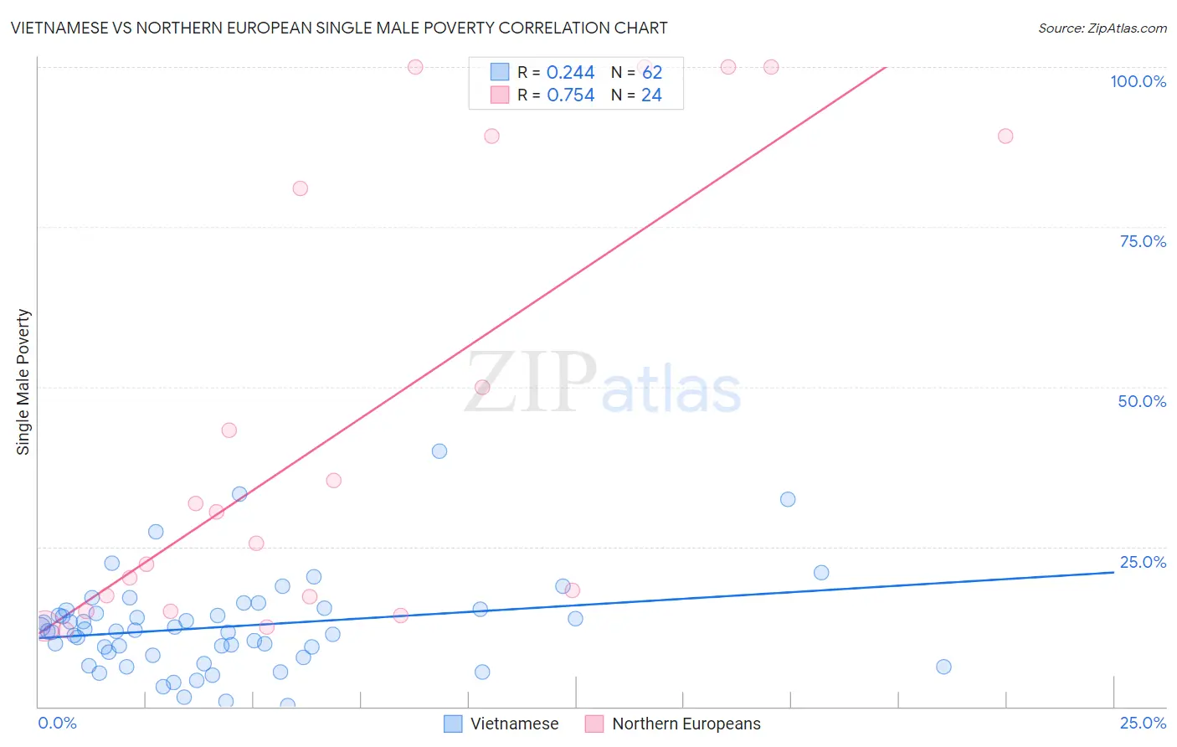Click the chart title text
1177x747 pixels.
pyautogui.click(x=339, y=28)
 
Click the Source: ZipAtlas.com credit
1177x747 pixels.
pyautogui.click(x=1102, y=28)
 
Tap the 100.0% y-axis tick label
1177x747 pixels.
pyautogui.click(x=1138, y=81)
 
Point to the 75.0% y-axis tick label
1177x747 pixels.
pyautogui.click(x=1143, y=241)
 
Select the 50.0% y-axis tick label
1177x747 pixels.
pyautogui.click(x=1142, y=401)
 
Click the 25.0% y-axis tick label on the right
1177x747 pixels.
pyautogui.click(x=1143, y=561)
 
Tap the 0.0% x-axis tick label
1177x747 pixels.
pyautogui.click(x=57, y=723)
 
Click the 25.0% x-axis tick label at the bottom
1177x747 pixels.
pyautogui.click(x=1143, y=723)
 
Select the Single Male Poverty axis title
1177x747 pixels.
pyautogui.click(x=23, y=382)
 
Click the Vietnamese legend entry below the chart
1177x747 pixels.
pyautogui.click(x=513, y=724)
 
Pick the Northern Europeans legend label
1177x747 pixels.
pyautogui.click(x=686, y=724)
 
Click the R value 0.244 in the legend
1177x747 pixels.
pyautogui.click(x=570, y=73)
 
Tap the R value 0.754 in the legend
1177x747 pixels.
pyautogui.click(x=570, y=95)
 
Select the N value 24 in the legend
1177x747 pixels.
pyautogui.click(x=651, y=95)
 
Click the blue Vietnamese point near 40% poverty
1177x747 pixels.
pyautogui.click(x=439, y=451)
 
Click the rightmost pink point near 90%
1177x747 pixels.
pyautogui.click(x=1005, y=136)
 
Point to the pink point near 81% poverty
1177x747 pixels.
pyautogui.click(x=301, y=188)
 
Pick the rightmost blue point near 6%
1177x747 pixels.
pyautogui.click(x=943, y=667)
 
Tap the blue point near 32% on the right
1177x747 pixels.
pyautogui.click(x=788, y=499)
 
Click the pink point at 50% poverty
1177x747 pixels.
pyautogui.click(x=482, y=387)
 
